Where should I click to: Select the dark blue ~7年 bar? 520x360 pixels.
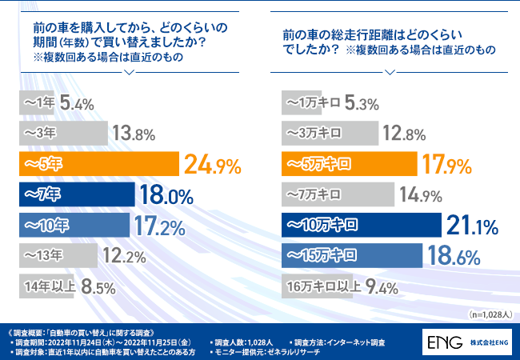coord(76,194)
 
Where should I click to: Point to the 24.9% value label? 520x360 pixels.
coord(213,166)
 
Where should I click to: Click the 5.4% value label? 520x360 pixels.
coord(77,102)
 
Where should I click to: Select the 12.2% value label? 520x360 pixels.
coord(123,256)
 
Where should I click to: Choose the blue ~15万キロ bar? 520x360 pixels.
coord(353,255)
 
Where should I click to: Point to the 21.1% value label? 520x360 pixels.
coord(477,226)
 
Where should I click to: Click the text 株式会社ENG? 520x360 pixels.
coord(489,342)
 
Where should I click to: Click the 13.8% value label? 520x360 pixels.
coord(133,134)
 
